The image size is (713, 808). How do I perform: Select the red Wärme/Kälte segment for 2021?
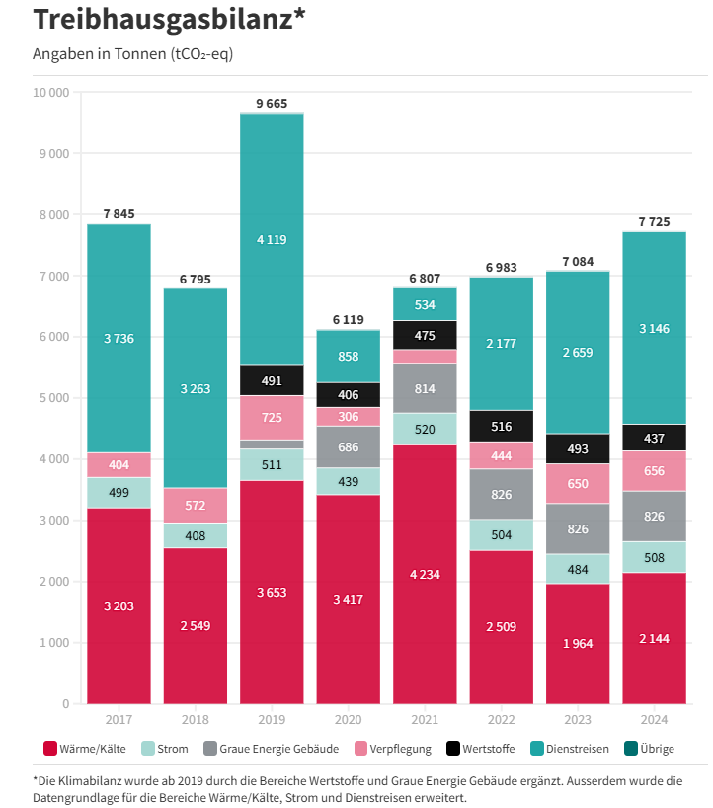(425, 573)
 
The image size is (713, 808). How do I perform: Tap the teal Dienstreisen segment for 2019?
(272, 239)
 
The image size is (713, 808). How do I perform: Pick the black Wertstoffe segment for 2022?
(502, 426)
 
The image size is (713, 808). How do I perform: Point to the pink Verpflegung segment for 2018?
(195, 505)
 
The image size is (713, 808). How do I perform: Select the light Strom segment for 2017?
(119, 493)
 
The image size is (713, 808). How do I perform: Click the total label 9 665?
(272, 104)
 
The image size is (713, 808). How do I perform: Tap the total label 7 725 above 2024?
(654, 222)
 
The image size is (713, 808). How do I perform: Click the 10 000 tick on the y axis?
(50, 93)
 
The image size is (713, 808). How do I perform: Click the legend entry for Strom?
(172, 749)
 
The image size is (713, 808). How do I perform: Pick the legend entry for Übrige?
(657, 749)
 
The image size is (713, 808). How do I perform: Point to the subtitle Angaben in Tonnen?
(133, 53)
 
